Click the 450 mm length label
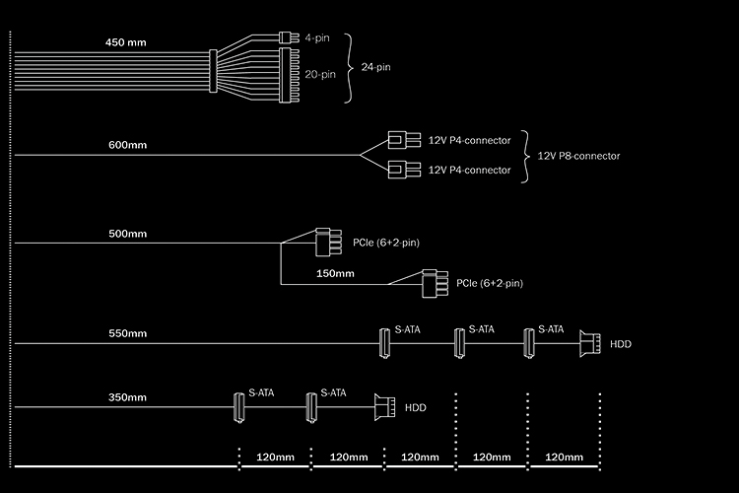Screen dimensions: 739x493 125,42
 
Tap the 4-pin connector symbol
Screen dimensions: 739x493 289,37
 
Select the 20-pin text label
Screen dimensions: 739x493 320,74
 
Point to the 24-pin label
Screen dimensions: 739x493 375,67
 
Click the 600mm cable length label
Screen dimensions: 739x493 128,145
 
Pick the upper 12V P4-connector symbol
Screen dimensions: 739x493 404,140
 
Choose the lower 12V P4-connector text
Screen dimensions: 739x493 469,170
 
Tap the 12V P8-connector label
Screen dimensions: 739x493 578,156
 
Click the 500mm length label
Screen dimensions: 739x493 128,234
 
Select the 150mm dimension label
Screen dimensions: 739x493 335,273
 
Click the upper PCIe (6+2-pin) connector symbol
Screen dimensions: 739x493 328,242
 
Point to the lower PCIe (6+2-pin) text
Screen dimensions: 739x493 490,283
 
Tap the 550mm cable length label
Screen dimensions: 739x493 128,333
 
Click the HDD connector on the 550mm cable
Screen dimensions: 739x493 590,343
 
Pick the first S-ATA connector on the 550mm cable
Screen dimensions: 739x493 384,343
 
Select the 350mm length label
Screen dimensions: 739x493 128,397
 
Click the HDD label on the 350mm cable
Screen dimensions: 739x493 416,407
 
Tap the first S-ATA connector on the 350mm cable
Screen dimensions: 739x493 239,407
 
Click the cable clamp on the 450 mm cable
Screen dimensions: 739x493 213,71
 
